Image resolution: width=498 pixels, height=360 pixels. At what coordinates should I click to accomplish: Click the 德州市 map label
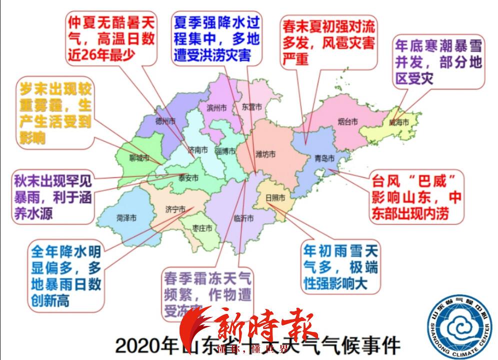165,121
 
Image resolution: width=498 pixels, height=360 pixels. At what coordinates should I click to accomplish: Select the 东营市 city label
251,107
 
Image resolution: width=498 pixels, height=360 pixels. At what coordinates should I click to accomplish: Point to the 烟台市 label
347,121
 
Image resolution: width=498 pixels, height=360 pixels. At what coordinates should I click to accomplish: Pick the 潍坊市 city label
265,154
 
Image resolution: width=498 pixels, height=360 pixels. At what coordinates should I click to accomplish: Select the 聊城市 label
139,159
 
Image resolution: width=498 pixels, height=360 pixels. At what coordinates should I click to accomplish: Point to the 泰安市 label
188,177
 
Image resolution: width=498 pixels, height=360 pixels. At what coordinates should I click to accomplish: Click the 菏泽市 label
126,218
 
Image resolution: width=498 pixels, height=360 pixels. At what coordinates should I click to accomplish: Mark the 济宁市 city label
175,209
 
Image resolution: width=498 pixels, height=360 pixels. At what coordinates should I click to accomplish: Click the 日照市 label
275,197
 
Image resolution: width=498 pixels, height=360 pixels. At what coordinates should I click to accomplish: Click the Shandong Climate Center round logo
460,326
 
